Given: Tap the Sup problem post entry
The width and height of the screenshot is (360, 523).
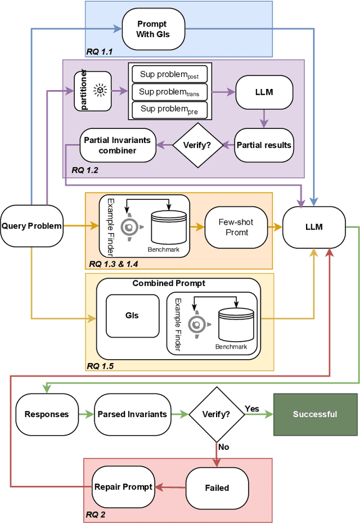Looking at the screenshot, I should (169, 74).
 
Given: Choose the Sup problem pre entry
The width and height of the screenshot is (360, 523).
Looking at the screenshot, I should (169, 109).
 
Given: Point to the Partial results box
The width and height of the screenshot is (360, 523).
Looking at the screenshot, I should (263, 145).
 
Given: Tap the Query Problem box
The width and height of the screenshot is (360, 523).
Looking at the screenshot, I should (31, 226).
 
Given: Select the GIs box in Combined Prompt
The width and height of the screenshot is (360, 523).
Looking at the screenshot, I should (132, 316).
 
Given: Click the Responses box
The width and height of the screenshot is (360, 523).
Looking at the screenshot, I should (47, 414).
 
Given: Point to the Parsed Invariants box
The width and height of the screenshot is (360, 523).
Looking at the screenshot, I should (132, 414).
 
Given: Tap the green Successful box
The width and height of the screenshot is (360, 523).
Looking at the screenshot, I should (315, 414).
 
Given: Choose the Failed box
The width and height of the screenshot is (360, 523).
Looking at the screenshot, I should (216, 488).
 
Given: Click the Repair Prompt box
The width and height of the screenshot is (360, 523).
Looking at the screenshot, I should (123, 486).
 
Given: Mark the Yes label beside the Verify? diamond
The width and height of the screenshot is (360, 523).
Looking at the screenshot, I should (252, 408).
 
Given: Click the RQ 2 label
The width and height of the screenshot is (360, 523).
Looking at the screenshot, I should (97, 513).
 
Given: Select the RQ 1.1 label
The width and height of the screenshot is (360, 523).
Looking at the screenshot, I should (100, 52).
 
